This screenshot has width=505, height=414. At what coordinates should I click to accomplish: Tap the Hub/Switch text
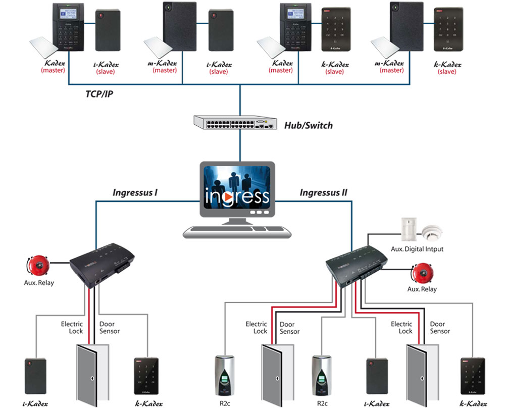pyautogui.click(x=309, y=125)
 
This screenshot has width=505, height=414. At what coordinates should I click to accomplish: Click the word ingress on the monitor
pyautogui.click(x=237, y=196)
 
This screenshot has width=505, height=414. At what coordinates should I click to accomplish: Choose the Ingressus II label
pyautogui.click(x=323, y=192)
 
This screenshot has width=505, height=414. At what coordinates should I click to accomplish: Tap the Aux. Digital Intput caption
pyautogui.click(x=417, y=249)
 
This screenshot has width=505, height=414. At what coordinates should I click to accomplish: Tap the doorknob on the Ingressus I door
pyautogui.click(x=92, y=378)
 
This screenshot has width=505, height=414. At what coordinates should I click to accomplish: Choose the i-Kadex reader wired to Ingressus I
pyautogui.click(x=35, y=376)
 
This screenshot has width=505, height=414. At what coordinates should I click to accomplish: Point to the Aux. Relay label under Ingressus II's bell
pyautogui.click(x=422, y=289)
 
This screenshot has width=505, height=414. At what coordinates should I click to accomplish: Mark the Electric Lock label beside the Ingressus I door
pyautogui.click(x=72, y=327)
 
